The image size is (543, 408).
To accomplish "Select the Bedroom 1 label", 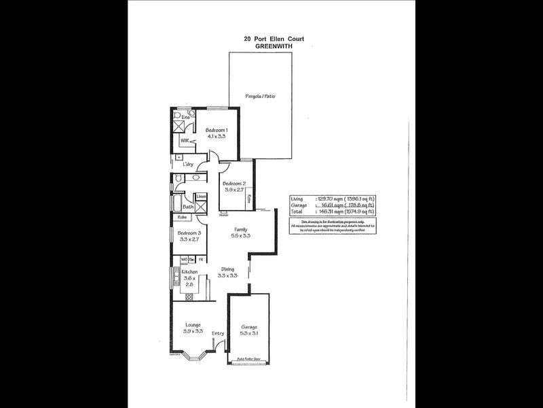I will [217, 130].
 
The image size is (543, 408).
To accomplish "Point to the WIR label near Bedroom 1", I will [184, 141].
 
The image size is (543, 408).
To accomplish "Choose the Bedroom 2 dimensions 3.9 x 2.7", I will [235, 190].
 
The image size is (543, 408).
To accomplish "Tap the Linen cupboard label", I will [202, 197].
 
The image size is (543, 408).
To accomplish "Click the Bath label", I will [188, 206].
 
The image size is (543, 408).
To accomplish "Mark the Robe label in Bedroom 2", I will [250, 199].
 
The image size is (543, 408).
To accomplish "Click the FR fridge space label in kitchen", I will [201, 259].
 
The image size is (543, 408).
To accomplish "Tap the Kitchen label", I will [189, 272].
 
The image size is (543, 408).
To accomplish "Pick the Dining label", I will [227, 269].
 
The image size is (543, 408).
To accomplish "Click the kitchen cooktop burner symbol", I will [176, 279].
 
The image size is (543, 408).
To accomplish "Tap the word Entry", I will [218, 333].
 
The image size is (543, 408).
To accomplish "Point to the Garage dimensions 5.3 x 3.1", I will [249, 335].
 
